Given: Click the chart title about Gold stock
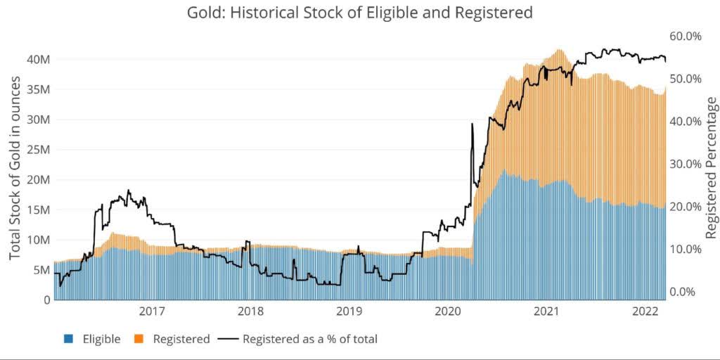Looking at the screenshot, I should point(359,13).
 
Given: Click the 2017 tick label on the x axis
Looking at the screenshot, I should point(152,311).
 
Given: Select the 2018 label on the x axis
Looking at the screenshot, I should point(251,311).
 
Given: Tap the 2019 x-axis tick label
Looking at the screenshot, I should point(349,311).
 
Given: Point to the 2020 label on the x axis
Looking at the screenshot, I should point(449,311).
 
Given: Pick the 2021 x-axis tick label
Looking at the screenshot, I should point(547,311).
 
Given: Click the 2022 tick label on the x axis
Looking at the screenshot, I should point(645,311).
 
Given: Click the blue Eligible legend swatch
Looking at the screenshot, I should point(68,339).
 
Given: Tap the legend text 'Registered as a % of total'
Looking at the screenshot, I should point(309,339).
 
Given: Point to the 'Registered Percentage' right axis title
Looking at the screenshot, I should point(712,168).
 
